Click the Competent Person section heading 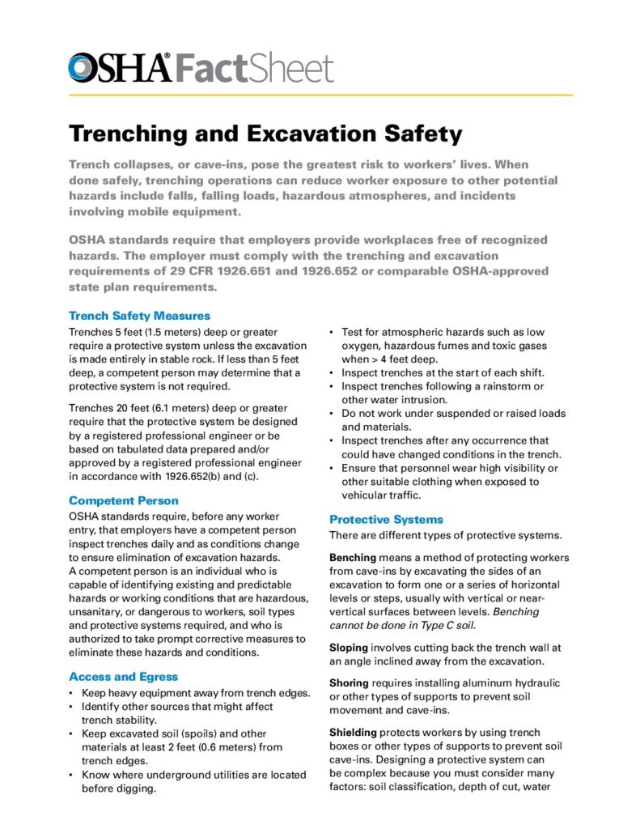[124, 500]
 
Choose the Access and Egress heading [123, 676]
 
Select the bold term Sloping [349, 648]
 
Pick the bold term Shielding [354, 733]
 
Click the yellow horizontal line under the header [320, 96]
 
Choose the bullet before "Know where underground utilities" [73, 775]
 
